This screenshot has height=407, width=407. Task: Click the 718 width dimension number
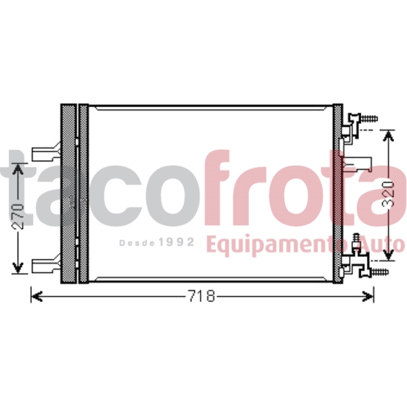201,296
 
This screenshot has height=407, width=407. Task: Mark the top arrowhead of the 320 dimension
387,136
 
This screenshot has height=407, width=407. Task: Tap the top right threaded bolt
368,119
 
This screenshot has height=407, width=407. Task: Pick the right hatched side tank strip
338,193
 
